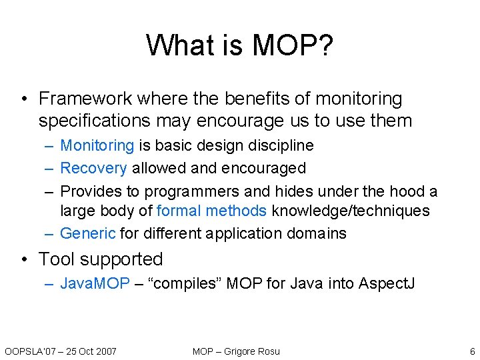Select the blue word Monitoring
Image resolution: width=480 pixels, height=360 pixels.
(97, 145)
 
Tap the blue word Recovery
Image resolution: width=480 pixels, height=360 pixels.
(93, 168)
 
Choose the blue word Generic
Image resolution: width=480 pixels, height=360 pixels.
(88, 233)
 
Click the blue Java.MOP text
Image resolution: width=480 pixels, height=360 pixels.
(95, 283)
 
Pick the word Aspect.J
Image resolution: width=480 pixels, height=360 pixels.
(387, 283)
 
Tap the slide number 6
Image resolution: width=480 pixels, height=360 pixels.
(472, 351)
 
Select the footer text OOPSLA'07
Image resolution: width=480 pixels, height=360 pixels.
(29, 351)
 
